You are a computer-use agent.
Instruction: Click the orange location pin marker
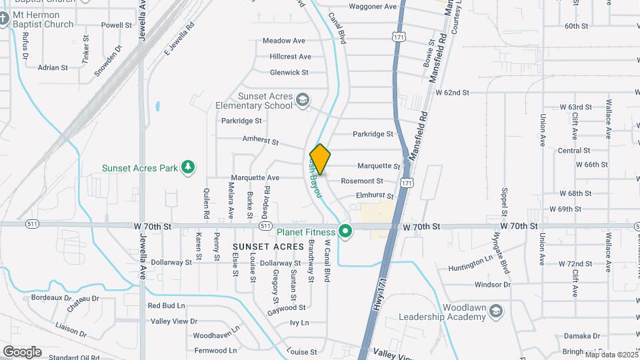(320, 159)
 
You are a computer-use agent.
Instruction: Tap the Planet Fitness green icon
(345, 231)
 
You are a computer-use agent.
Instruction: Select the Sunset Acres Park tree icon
(189, 167)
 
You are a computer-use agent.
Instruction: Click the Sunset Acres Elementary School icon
(303, 100)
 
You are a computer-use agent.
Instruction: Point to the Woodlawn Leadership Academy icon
(496, 312)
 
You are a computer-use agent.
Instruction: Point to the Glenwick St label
(289, 72)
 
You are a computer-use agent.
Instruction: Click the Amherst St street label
(260, 142)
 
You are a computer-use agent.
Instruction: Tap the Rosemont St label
(362, 181)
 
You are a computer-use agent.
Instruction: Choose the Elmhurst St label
(375, 196)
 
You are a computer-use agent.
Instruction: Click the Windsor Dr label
(492, 285)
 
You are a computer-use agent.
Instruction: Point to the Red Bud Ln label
(166, 305)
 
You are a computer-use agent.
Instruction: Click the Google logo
(22, 352)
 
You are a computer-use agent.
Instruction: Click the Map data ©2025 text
(611, 355)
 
